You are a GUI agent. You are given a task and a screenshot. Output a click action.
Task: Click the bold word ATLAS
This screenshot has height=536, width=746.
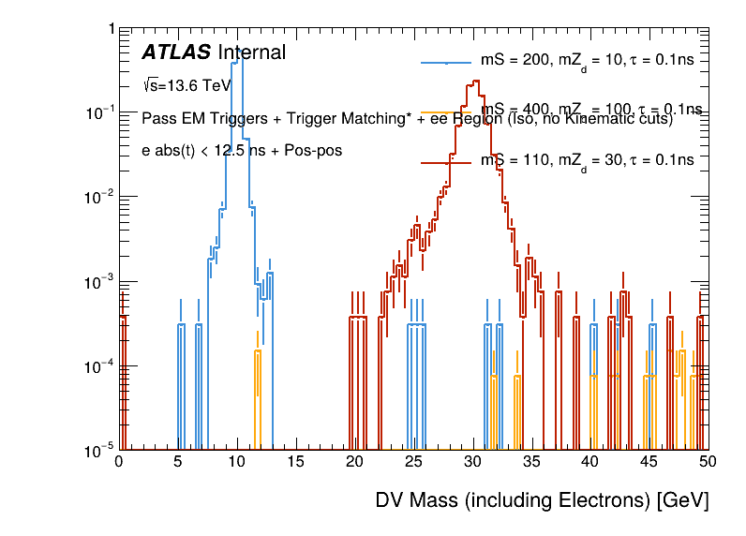(176, 53)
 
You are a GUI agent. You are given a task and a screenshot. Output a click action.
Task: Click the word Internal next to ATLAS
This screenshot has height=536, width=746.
(251, 53)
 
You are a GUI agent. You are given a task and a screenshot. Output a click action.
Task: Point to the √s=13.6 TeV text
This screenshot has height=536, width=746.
(186, 85)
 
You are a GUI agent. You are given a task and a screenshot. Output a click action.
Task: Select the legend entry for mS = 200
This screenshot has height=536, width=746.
(587, 60)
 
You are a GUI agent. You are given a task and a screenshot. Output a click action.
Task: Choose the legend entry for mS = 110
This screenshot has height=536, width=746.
(587, 160)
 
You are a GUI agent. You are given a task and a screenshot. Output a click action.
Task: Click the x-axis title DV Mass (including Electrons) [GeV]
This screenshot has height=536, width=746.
(542, 500)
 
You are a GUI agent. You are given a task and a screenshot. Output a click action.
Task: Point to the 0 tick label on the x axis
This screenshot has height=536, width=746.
(119, 462)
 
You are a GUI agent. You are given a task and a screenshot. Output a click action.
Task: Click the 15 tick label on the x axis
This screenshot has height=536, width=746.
(295, 462)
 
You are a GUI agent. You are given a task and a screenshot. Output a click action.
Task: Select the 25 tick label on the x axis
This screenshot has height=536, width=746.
(413, 462)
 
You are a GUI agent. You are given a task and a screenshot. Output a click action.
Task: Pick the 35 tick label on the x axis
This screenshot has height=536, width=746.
(531, 462)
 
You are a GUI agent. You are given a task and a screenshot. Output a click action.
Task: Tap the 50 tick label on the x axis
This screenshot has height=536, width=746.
(708, 462)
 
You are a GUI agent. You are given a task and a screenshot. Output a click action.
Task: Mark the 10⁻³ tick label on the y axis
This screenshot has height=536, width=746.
(99, 281)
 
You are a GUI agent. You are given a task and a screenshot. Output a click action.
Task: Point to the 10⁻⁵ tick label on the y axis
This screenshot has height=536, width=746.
(99, 450)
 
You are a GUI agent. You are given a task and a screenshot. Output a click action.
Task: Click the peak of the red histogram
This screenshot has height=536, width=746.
(476, 82)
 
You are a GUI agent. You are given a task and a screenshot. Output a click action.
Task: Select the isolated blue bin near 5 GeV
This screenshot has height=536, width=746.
(181, 326)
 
